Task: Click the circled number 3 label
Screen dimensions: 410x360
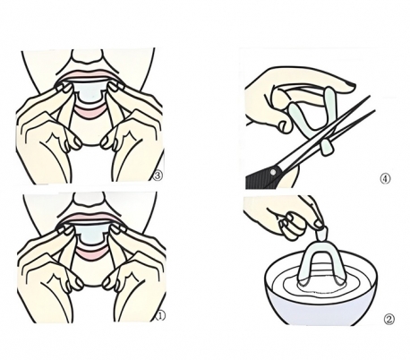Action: point(158,176)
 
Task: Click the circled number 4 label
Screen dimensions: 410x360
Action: point(385,178)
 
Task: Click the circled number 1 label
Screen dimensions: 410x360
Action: point(160,316)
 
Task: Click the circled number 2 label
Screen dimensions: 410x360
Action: point(389,320)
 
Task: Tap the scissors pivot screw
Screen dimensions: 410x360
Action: point(272,172)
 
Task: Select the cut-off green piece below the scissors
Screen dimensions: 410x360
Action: point(326,148)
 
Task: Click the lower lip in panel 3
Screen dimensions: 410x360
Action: point(90,113)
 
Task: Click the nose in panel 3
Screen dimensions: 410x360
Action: point(87,57)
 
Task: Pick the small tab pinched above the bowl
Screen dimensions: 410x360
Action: point(322,235)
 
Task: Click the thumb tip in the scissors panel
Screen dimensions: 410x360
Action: point(285,126)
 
